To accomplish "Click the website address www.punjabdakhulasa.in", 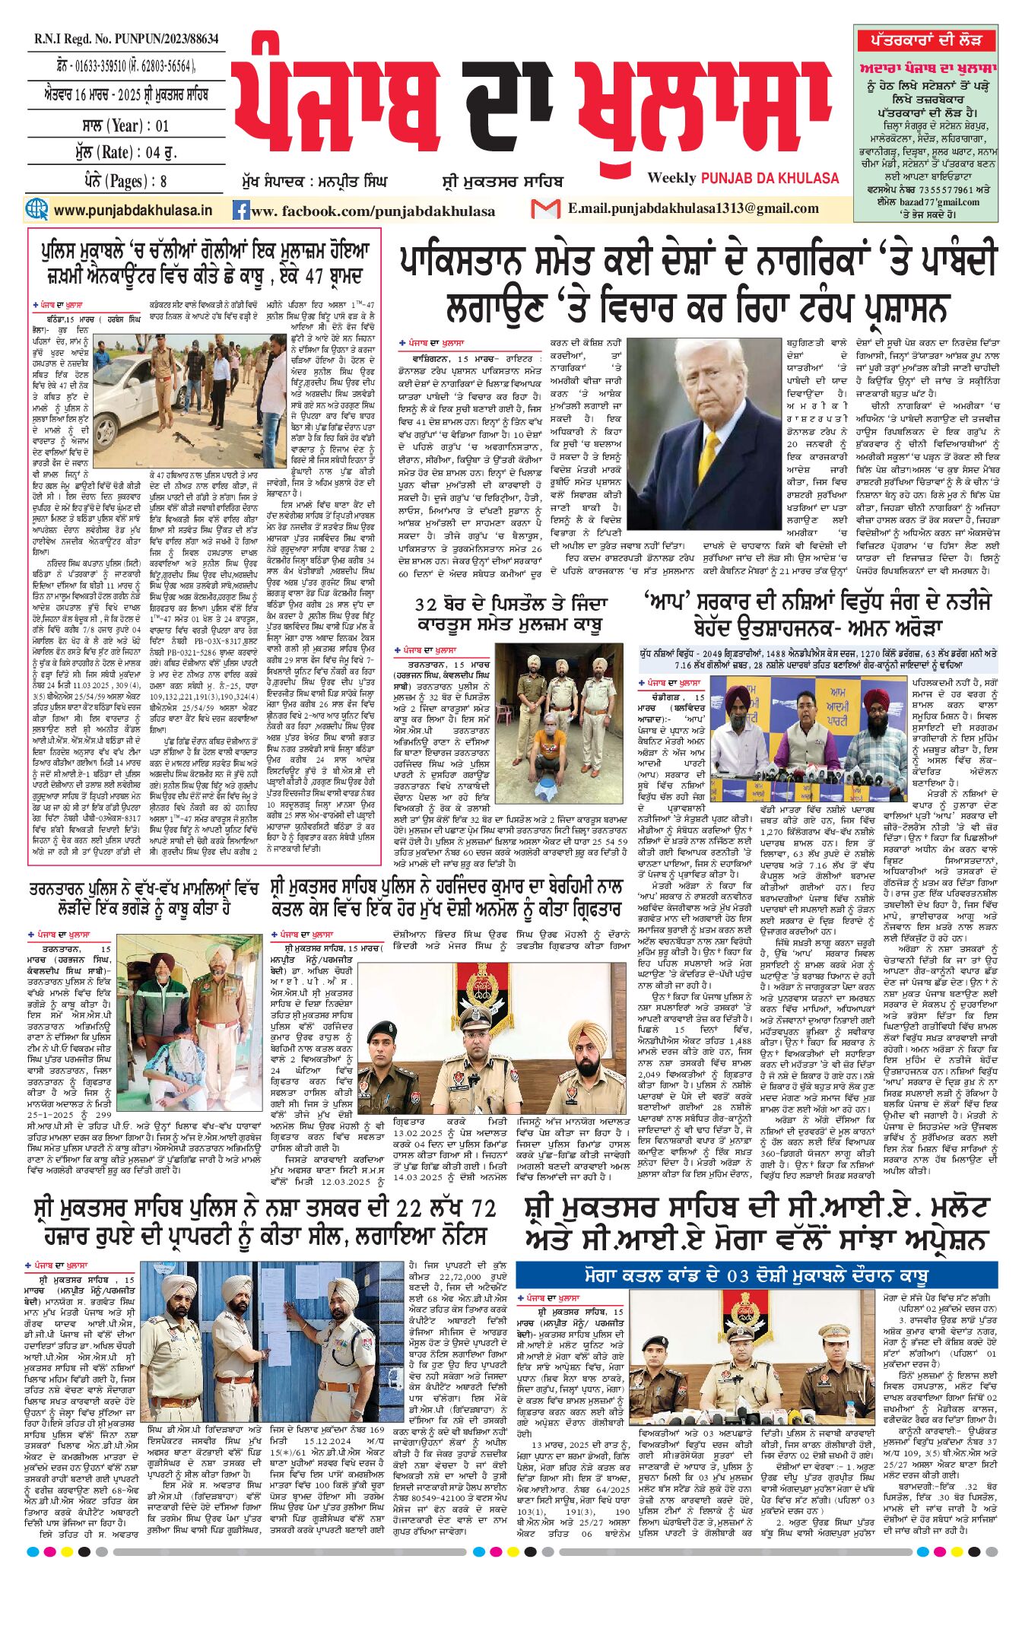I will pos(133,210).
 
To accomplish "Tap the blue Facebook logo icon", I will pos(241,211).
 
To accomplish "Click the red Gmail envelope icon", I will pos(545,209).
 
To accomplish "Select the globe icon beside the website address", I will pos(36,209).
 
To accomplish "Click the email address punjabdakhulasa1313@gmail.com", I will pos(693,209).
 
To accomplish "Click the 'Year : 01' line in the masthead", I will pos(125,125).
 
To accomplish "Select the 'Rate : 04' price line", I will pos(125,152).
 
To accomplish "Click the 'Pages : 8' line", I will pos(125,181).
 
